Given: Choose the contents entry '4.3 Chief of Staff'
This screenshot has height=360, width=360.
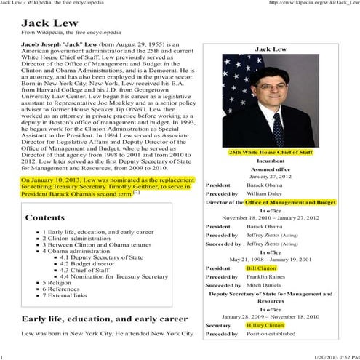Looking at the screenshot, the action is [x=84, y=269].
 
